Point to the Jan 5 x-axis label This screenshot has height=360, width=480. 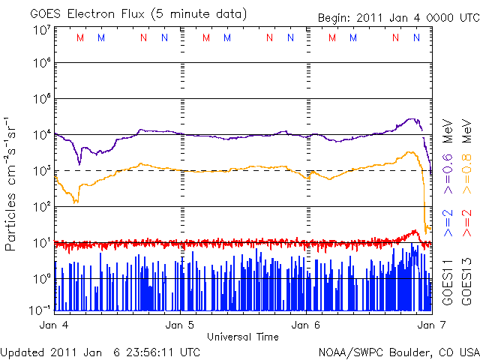point(181,325)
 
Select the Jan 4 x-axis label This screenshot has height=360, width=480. point(55,325)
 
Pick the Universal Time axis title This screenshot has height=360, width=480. point(242,337)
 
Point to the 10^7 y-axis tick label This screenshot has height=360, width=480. point(41,30)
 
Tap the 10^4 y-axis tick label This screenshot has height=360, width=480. point(41,135)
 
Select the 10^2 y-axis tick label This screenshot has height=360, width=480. point(41,206)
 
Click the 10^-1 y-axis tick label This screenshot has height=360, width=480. point(41,310)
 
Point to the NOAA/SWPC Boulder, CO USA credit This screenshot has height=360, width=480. point(398,352)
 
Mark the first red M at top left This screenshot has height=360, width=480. point(80,37)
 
